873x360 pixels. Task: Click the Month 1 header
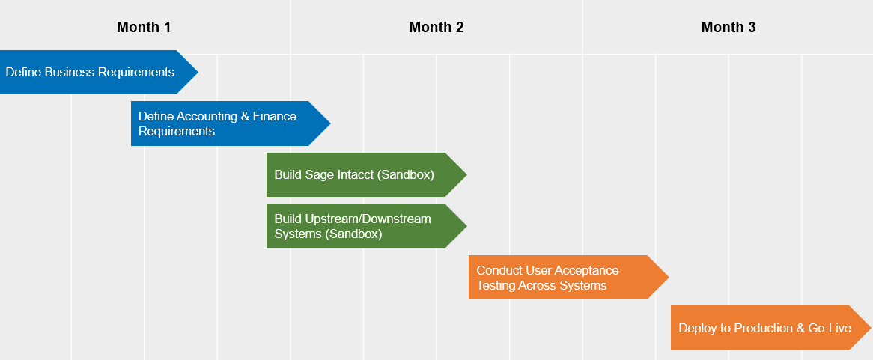click(144, 28)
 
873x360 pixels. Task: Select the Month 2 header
click(436, 28)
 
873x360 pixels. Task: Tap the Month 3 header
click(728, 28)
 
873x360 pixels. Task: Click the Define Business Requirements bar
click(90, 73)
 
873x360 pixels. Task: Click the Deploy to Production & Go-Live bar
click(764, 328)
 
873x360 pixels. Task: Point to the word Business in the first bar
click(70, 73)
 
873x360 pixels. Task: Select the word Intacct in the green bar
click(352, 175)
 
